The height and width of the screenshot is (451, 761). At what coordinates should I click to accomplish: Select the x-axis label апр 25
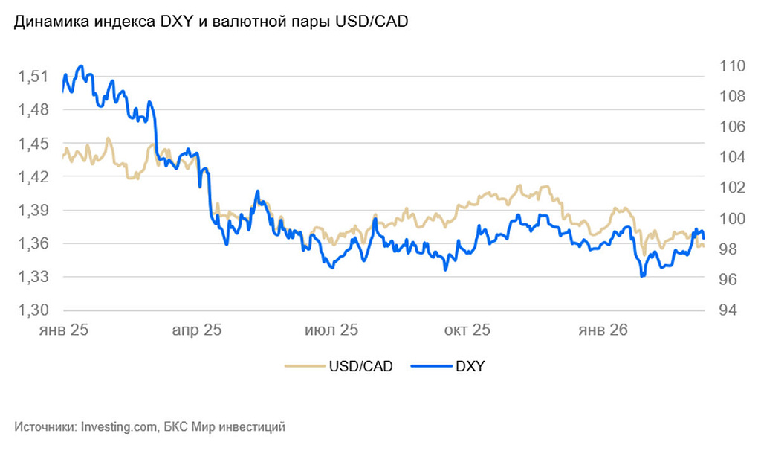(x=198, y=330)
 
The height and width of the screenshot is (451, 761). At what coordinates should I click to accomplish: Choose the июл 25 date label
(x=331, y=330)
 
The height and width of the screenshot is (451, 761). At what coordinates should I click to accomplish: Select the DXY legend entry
(x=470, y=366)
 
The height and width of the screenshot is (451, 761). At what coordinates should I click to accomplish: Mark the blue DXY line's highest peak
(x=80, y=65)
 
